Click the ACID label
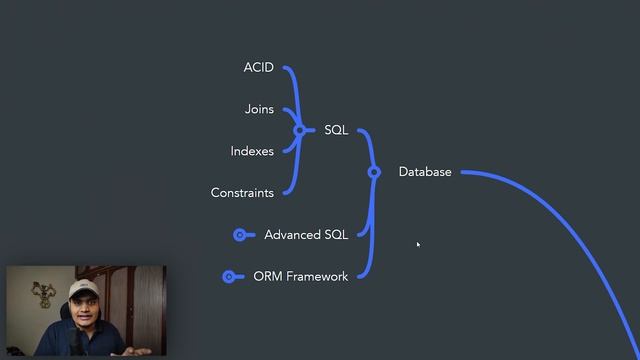pos(258,68)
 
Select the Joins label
pos(259,110)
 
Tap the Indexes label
pos(252,151)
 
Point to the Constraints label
pos(242,193)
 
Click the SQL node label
pos(336,130)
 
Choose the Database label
pos(425,172)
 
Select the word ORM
pos(268,276)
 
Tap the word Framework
pos(317,276)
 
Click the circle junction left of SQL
pos(299,130)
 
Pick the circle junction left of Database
pos(374,172)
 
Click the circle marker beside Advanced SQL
pos(240,235)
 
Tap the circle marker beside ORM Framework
pos(229,276)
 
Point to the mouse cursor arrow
pos(418,244)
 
